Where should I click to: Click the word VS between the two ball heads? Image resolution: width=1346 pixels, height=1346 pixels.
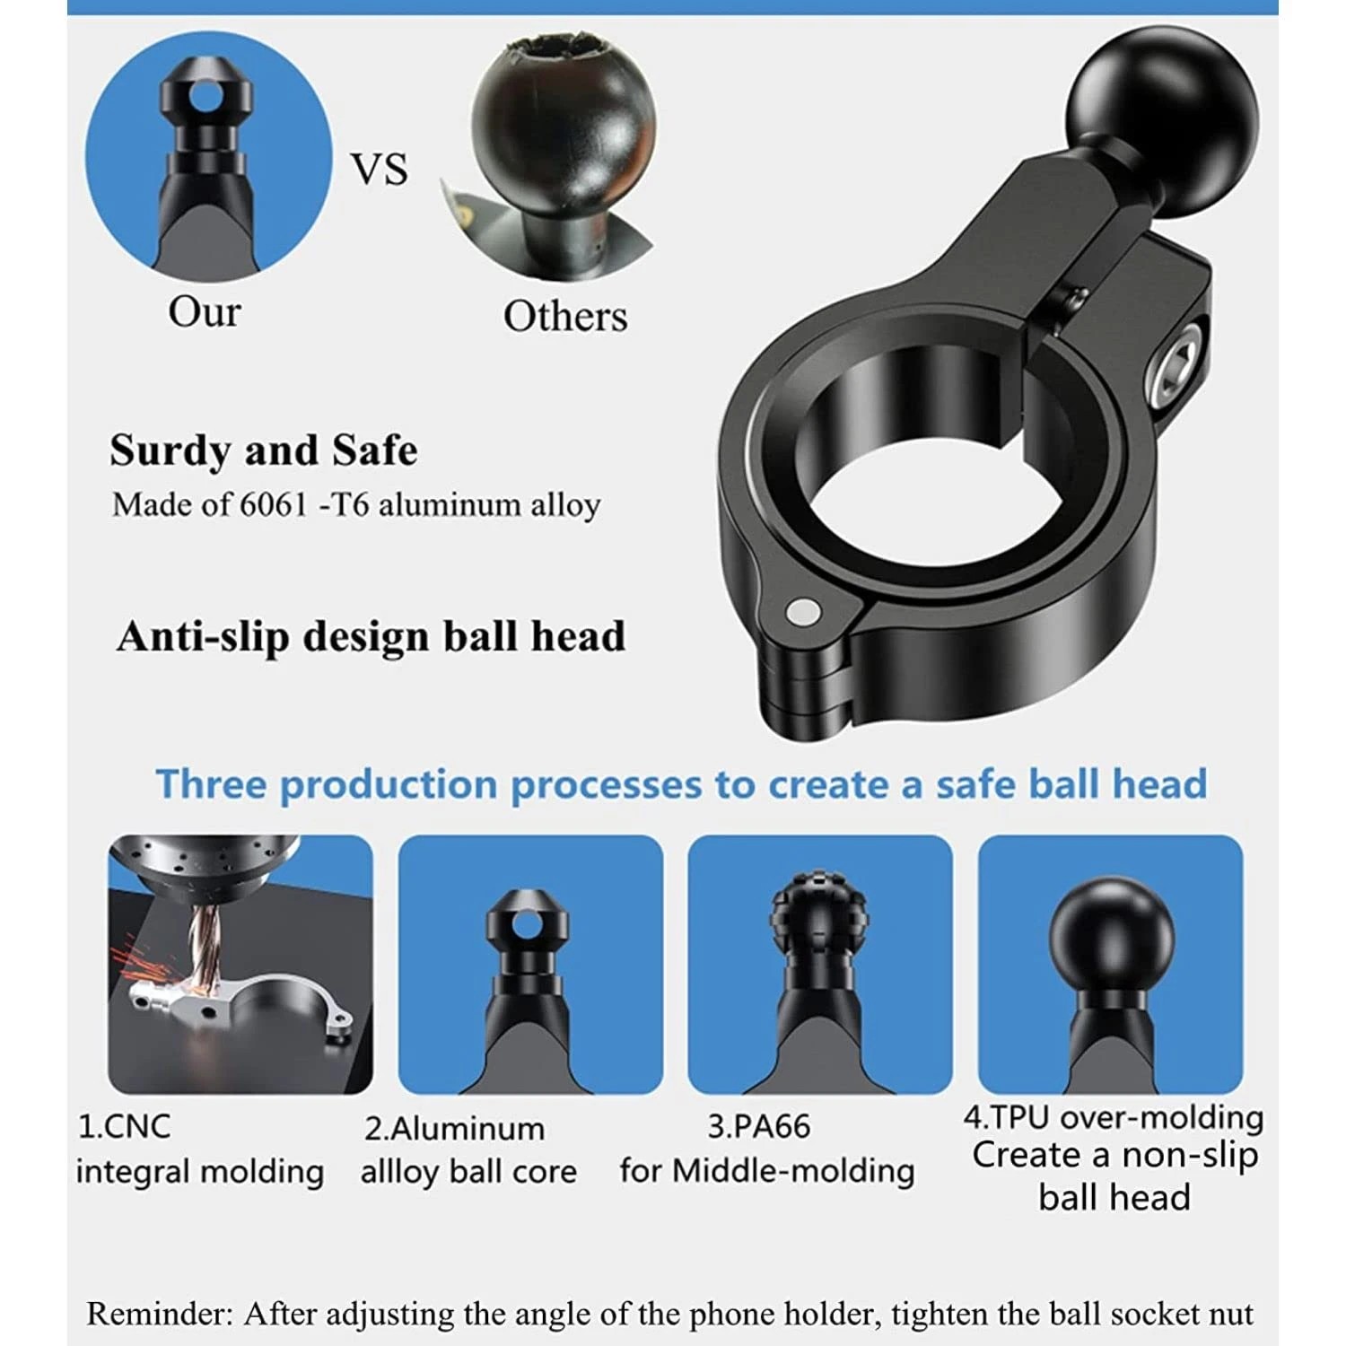tap(379, 170)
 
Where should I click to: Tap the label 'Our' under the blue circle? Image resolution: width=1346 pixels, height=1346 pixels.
tap(205, 311)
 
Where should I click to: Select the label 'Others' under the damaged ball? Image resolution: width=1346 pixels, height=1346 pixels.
tap(565, 316)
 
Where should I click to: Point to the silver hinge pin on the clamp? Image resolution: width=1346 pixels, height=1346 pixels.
tap(801, 612)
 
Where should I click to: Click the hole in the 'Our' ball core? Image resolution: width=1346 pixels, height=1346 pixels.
tap(206, 97)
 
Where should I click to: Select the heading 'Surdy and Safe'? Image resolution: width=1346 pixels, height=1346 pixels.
tap(264, 450)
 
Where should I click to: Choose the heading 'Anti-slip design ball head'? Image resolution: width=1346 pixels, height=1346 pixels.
tap(371, 636)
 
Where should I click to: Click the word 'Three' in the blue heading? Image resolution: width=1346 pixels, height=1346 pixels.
tap(214, 783)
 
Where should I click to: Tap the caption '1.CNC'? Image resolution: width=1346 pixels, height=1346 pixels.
tap(124, 1126)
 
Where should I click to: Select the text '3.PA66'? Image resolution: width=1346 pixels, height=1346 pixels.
tap(758, 1126)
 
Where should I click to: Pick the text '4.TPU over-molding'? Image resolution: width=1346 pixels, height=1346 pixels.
tap(1113, 1117)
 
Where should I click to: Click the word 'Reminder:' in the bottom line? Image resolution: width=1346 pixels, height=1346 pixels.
tap(160, 1314)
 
